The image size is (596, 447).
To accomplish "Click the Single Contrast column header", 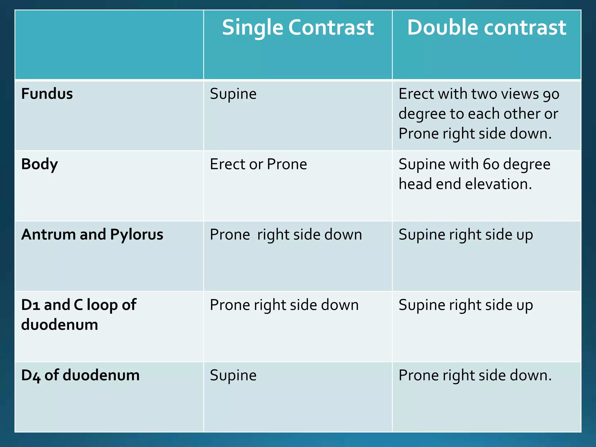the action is click(x=298, y=28).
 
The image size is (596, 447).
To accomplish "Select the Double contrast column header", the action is click(x=487, y=28).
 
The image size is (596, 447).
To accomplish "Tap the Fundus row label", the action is click(x=47, y=94).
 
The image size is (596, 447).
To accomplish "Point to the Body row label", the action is click(x=40, y=164).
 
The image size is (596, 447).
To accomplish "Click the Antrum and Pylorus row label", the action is click(x=92, y=235).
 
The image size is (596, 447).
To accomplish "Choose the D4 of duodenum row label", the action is click(x=80, y=375).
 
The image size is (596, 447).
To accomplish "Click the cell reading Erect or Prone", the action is click(x=258, y=164).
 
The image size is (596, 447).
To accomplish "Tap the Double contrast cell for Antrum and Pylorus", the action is click(x=466, y=235).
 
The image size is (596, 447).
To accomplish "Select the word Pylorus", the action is click(x=137, y=235).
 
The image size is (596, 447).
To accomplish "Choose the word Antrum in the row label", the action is click(x=49, y=235).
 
